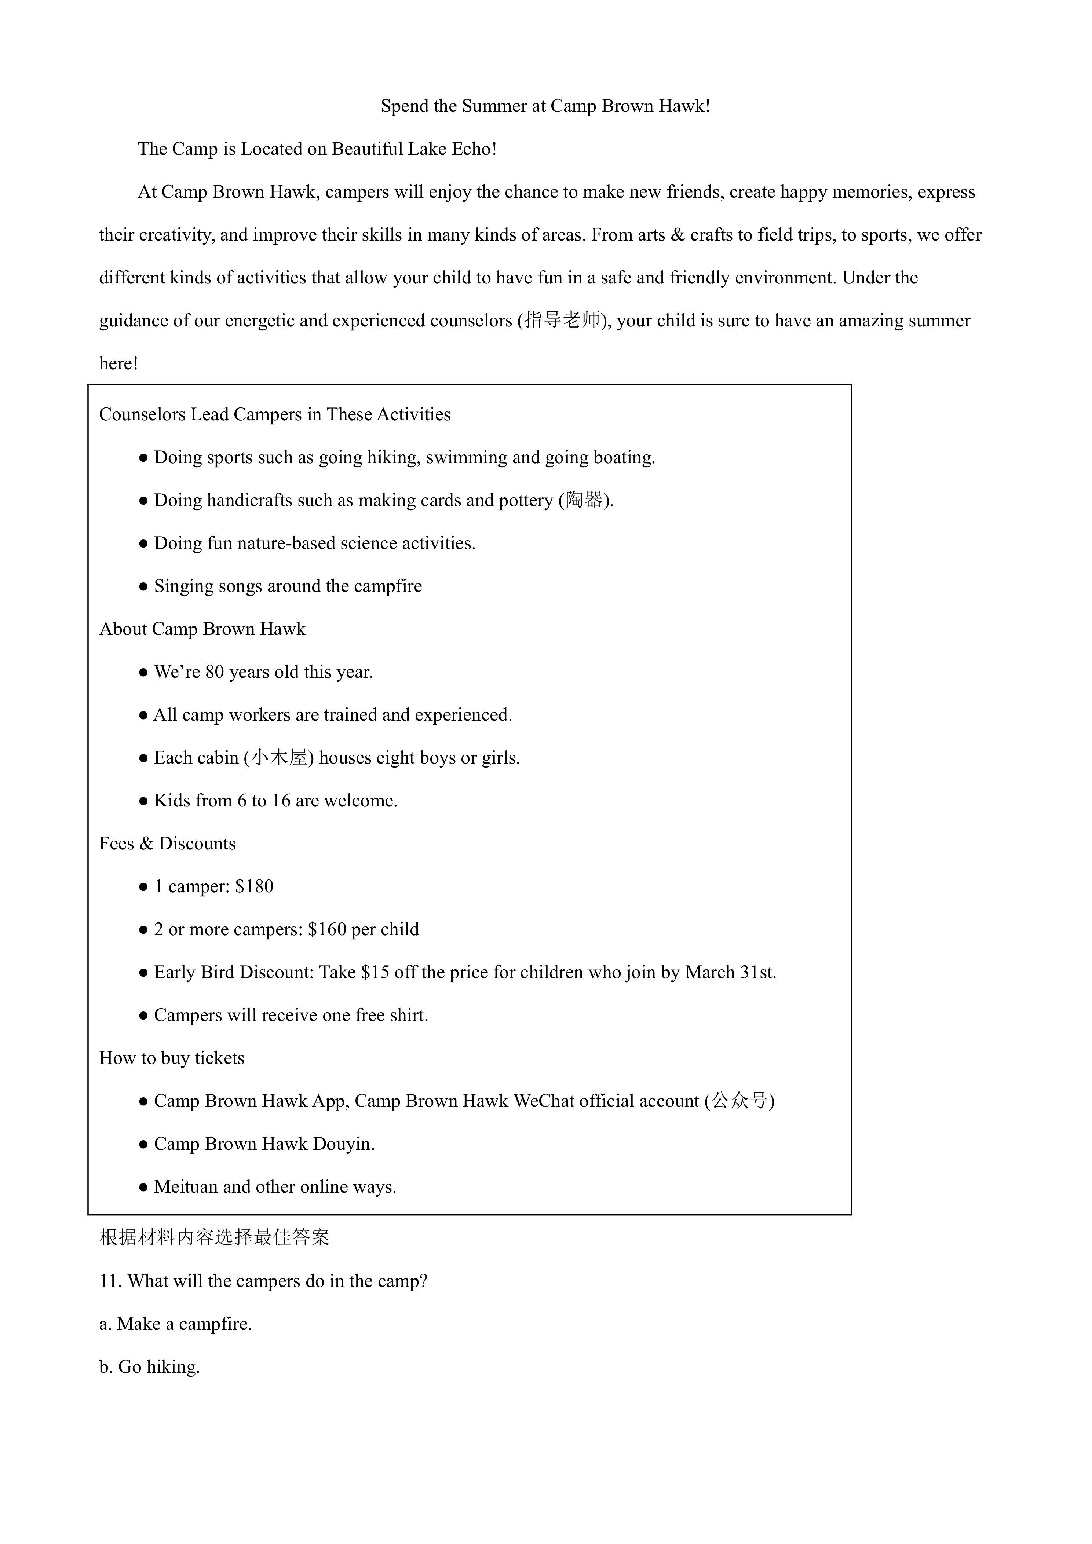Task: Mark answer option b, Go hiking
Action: [x=149, y=1367]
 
